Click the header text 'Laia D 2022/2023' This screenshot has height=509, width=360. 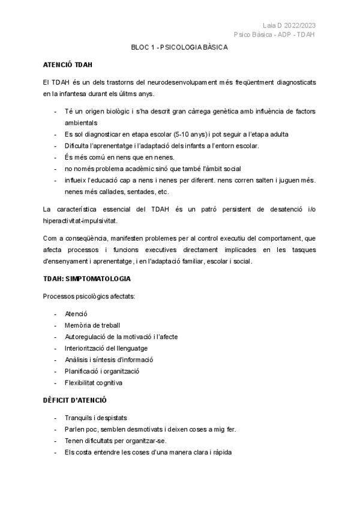coord(289,25)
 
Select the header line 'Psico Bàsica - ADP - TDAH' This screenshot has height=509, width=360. coord(275,34)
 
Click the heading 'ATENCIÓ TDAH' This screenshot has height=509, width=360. coord(67,64)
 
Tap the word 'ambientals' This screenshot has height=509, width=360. coord(81,122)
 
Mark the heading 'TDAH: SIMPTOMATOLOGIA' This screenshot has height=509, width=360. coord(87,280)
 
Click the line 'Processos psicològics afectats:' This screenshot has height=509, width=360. coord(89,297)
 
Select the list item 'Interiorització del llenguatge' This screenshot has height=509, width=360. coord(106,348)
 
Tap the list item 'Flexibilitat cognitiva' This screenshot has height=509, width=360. coord(94,382)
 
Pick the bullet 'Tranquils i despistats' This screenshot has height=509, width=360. coord(96,418)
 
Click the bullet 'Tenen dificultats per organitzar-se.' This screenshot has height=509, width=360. coord(116,441)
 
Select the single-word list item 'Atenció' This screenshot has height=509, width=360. coord(76,314)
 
